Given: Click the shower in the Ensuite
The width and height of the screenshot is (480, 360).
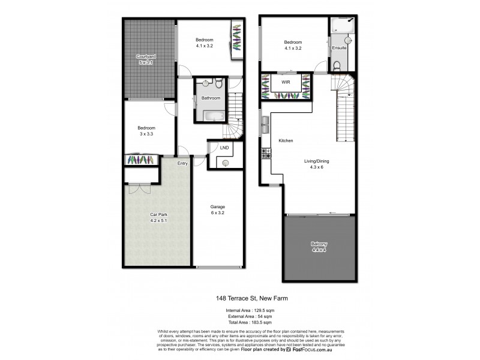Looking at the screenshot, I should pyautogui.click(x=341, y=29).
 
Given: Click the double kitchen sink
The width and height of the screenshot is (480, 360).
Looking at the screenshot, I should pyautogui.click(x=264, y=125).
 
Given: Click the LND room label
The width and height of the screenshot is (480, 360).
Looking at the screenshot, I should pyautogui.click(x=224, y=147).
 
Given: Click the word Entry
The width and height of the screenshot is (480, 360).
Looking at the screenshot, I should pyautogui.click(x=182, y=162).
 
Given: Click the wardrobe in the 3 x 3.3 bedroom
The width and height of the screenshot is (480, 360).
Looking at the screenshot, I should pyautogui.click(x=141, y=160).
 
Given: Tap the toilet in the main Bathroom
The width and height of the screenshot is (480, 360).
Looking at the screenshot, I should pyautogui.click(x=218, y=83).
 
